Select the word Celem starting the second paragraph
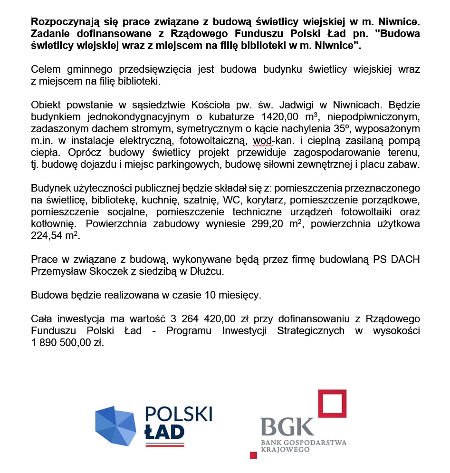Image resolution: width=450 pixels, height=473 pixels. pyautogui.click(x=45, y=69)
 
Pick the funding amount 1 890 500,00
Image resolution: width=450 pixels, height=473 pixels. pyautogui.click(x=57, y=343)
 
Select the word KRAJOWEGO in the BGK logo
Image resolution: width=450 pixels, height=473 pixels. pyautogui.click(x=284, y=449)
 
